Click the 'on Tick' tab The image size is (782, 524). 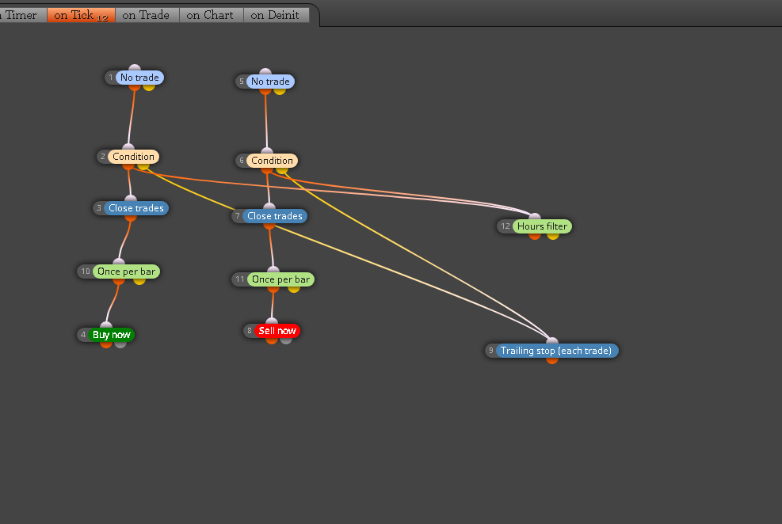coord(82,16)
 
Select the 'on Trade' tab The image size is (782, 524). coord(146,16)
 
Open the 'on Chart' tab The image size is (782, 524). coord(210,16)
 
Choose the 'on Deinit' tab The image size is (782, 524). coord(275,16)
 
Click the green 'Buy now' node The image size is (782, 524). coord(111,335)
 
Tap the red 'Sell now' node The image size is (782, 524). coord(277,331)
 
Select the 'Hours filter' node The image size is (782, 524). coord(542,226)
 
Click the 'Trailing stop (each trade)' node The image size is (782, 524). coord(556,351)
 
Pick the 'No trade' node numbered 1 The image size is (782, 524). coord(139,78)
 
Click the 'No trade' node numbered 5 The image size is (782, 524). coord(270,82)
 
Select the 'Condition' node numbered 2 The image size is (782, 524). coord(133,157)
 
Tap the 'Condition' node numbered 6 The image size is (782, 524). coord(272,161)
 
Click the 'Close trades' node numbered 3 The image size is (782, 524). coord(136,208)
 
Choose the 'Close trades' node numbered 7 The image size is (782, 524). coord(275,216)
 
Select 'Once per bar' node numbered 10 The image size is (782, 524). coord(126,271)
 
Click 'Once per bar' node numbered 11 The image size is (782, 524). coord(280,279)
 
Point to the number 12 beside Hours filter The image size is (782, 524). coord(505,226)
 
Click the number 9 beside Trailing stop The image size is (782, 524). coord(491,351)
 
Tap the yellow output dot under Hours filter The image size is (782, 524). coord(552,236)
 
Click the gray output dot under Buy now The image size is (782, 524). coord(120,344)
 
